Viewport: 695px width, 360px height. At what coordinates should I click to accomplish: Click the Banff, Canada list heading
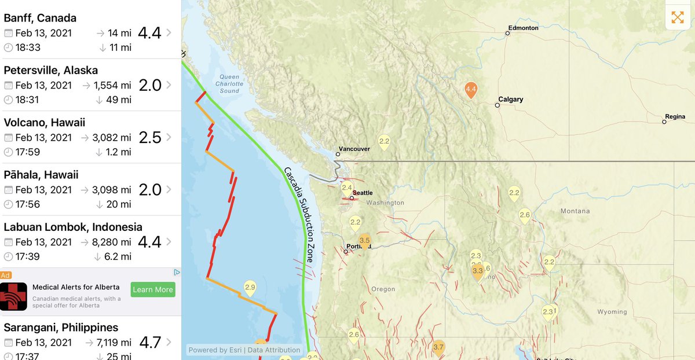click(x=40, y=18)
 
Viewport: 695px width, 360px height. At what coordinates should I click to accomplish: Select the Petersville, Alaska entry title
click(x=50, y=70)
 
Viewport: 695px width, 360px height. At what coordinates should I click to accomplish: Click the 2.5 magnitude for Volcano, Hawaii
click(x=150, y=137)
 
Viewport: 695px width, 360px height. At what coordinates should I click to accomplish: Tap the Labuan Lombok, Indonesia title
click(x=73, y=227)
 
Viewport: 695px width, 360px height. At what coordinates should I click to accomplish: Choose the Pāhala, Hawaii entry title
click(x=41, y=175)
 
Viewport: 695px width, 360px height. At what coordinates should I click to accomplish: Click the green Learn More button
click(x=153, y=289)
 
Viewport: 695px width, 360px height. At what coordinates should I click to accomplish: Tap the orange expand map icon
click(x=678, y=17)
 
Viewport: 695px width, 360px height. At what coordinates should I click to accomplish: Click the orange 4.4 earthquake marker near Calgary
click(x=471, y=90)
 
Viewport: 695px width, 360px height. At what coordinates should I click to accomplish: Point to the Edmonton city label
click(x=523, y=28)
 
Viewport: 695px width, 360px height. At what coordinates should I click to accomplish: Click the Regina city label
click(x=675, y=116)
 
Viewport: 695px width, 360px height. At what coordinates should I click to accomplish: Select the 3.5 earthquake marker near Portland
click(x=364, y=241)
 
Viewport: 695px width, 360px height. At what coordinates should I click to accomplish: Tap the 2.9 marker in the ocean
click(x=250, y=286)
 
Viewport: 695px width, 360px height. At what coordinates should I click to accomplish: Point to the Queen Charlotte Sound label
click(x=229, y=84)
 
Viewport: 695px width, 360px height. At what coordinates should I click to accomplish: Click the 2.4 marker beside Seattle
click(x=347, y=188)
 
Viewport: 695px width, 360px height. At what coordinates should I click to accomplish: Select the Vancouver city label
click(x=354, y=149)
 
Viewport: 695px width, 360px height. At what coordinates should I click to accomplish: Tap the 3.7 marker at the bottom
click(x=438, y=347)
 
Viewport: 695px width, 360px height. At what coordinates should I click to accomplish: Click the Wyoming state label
click(x=612, y=312)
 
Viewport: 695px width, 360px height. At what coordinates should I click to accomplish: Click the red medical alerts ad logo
click(x=14, y=296)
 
